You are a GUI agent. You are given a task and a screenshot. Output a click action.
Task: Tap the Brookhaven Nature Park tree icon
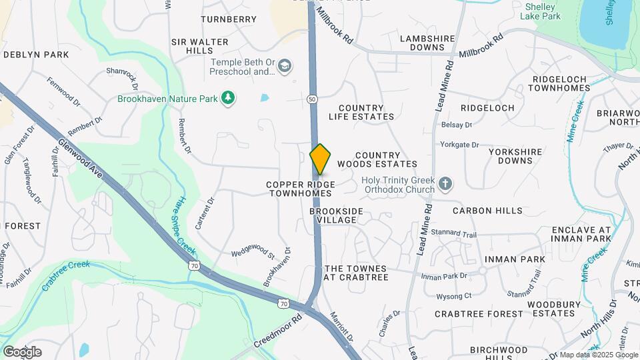point(229,99)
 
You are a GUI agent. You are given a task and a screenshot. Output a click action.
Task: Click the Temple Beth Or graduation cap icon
point(285,65)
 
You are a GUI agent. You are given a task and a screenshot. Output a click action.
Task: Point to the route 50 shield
point(312,99)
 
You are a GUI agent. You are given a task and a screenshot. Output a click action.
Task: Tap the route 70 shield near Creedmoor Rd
point(283,304)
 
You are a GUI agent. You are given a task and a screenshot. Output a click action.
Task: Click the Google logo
point(22,351)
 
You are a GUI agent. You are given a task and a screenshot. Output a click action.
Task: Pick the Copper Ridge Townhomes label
point(300,189)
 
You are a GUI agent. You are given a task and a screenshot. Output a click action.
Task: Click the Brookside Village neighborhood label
point(337,215)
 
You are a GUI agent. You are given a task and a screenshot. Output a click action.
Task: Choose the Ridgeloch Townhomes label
point(561,83)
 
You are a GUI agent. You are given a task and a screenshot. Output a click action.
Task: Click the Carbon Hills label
point(487,211)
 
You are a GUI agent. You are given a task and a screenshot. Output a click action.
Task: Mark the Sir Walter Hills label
point(200,46)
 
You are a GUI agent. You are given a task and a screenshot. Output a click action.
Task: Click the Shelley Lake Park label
point(539,11)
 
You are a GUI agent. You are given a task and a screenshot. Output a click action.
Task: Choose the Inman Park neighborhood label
point(515,259)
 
